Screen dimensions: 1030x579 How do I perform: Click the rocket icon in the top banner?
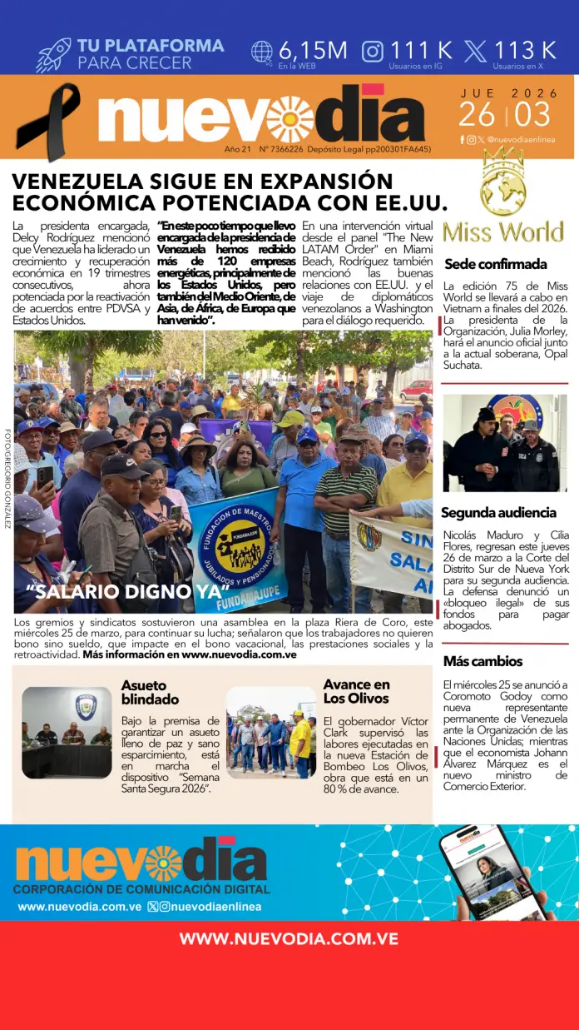point(53,54)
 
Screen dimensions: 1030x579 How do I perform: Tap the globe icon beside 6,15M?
point(262,52)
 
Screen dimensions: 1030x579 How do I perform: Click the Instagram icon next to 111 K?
point(373,52)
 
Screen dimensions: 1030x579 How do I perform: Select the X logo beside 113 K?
point(476,52)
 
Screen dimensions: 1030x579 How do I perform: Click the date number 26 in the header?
point(477,114)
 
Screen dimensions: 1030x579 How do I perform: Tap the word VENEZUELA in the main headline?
point(80,181)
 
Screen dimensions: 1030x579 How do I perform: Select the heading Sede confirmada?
point(495,264)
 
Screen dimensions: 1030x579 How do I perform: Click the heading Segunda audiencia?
point(498,512)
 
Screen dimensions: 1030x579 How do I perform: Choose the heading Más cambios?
point(482,661)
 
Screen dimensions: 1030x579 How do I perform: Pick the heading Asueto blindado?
point(150,692)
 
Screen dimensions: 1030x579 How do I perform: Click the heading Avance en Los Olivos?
point(356,691)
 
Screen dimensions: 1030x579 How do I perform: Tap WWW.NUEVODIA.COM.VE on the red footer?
point(289,938)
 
